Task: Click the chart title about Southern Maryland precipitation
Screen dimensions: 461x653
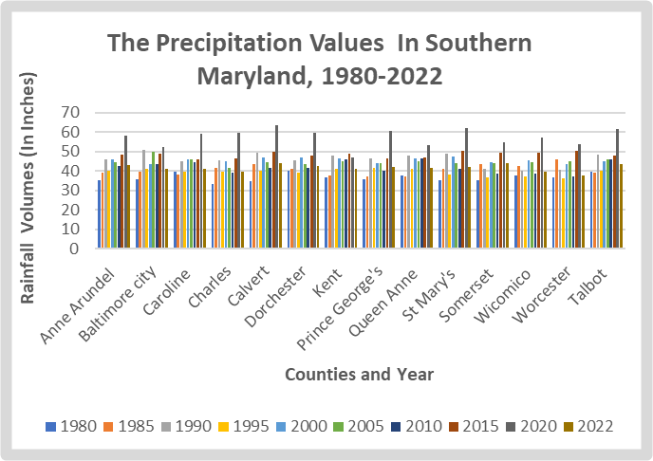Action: [319, 58]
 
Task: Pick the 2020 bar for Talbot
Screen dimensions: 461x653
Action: [617, 189]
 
